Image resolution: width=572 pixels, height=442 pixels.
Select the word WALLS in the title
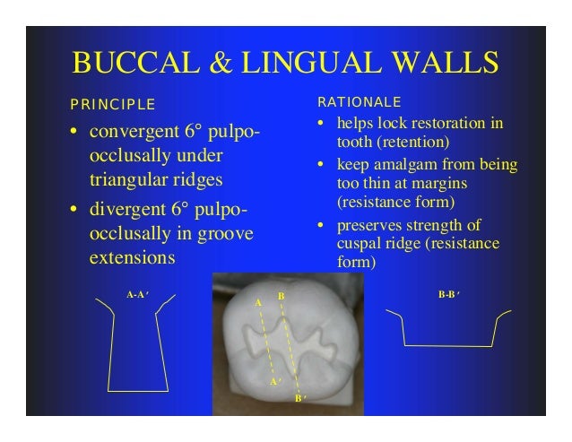[x=442, y=65]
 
